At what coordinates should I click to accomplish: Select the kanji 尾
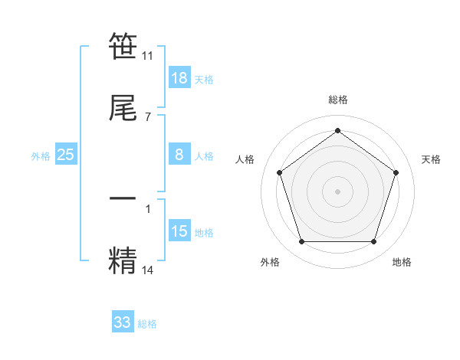123,108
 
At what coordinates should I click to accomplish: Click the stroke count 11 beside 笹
148,55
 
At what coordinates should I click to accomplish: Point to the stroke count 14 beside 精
148,270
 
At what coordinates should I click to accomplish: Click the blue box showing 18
179,78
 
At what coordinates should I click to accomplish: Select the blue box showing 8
179,155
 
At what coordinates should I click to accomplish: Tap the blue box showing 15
179,231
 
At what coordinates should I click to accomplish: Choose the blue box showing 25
66,155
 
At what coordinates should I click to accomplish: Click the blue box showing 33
123,322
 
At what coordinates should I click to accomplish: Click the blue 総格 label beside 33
147,324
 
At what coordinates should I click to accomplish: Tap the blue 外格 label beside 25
41,156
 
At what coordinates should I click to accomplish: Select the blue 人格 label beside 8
204,156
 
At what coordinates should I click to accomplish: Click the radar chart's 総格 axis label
338,100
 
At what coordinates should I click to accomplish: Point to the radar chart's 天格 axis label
431,159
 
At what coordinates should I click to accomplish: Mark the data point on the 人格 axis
280,172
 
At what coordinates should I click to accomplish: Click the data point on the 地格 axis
373,242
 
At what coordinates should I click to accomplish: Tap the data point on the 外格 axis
301,242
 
